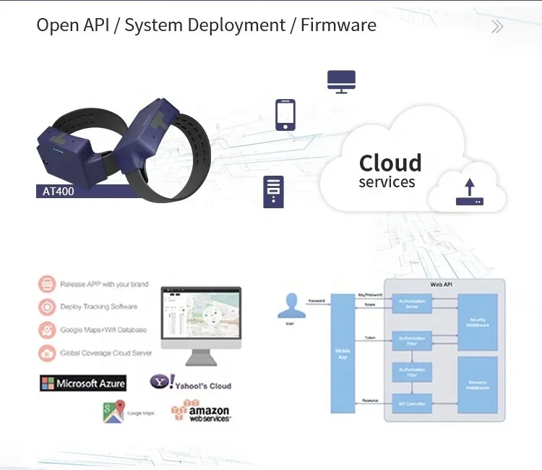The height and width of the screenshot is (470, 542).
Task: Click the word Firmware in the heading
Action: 338,25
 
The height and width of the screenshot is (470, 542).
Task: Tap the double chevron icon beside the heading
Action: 497,27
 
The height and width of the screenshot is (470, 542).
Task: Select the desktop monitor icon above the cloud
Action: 341,81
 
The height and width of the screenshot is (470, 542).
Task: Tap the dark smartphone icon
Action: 285,115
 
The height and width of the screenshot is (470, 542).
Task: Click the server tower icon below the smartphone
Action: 273,192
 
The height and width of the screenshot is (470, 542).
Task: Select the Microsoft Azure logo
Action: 83,383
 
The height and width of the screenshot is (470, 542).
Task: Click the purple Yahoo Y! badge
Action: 160,381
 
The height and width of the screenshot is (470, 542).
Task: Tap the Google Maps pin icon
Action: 113,411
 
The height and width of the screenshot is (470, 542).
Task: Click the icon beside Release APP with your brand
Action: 48,283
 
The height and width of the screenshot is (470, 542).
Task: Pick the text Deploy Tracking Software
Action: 99,307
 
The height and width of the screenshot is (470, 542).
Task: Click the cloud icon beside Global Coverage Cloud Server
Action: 48,353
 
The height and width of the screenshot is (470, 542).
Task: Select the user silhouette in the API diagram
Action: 291,304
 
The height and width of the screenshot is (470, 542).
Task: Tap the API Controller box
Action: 411,403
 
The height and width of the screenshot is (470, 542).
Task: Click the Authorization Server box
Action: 411,304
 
